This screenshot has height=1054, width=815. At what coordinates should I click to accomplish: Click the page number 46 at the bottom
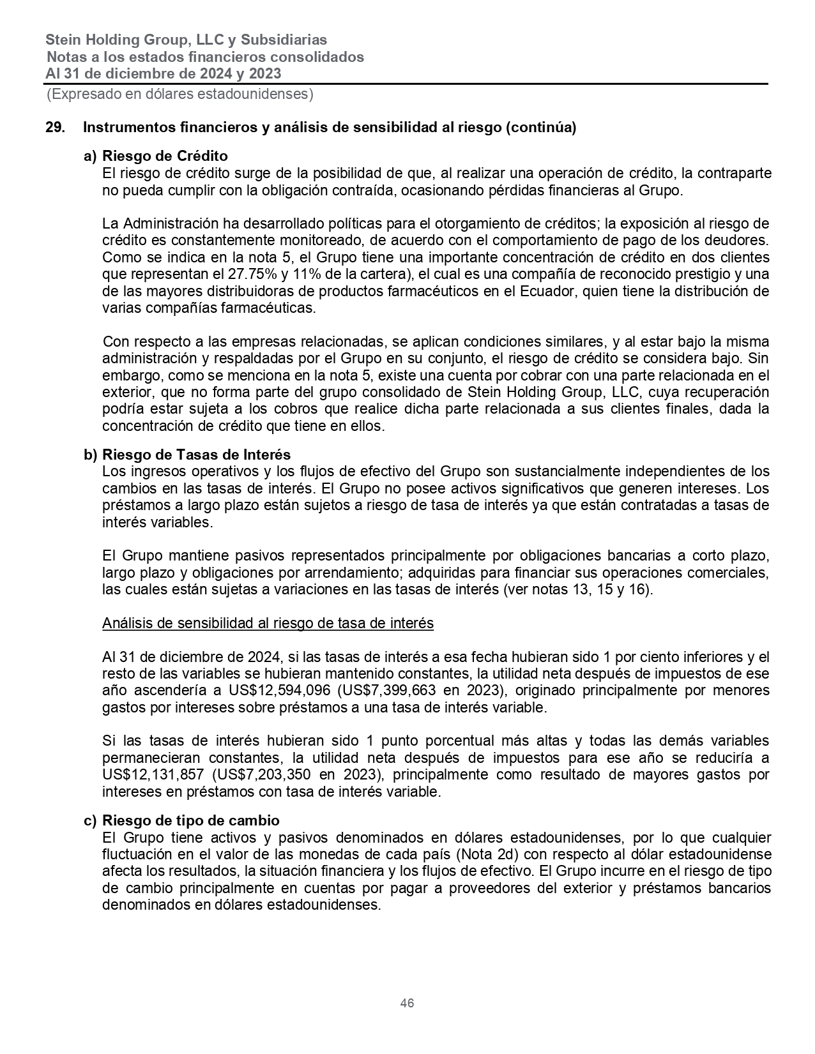coord(407,1003)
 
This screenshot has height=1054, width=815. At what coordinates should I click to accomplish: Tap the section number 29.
coord(55,128)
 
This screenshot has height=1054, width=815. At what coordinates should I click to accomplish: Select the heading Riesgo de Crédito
coord(165,156)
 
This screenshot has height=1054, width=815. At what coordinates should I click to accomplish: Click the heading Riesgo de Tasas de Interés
coord(196,455)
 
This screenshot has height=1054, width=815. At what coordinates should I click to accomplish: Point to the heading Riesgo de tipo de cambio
coord(190,820)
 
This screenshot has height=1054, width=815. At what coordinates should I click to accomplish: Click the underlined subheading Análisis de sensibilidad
coord(268,623)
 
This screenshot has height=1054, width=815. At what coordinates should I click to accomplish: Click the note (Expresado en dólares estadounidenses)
coord(179,95)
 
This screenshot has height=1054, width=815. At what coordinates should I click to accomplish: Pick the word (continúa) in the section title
coord(540,128)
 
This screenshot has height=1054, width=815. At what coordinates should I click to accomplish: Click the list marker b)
coord(91,455)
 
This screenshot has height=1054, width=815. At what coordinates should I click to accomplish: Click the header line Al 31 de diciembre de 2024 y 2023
coord(163,73)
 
